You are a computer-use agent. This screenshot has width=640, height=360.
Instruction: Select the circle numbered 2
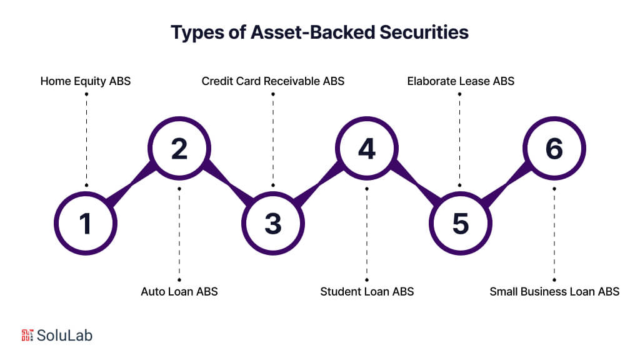tap(179, 149)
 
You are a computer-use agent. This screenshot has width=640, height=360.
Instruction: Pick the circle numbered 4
tap(367, 149)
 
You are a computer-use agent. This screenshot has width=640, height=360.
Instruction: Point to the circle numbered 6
tap(554, 149)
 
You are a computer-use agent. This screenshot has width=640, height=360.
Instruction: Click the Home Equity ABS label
tap(86, 81)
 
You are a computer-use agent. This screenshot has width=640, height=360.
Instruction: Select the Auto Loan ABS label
tap(179, 291)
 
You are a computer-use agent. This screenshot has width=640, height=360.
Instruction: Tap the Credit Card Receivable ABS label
tap(273, 81)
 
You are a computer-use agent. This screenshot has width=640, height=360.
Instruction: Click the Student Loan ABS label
tap(367, 291)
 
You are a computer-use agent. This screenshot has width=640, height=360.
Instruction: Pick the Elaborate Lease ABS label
tap(461, 81)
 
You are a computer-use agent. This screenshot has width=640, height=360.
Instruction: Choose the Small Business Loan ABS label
tap(554, 291)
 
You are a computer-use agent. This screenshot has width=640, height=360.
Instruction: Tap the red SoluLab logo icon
tap(27, 335)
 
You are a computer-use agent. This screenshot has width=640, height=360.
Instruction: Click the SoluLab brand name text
tap(65, 335)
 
